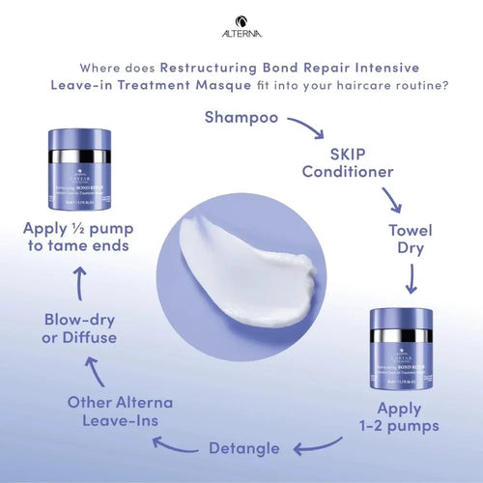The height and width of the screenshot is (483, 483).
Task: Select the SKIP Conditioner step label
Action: tap(347, 162)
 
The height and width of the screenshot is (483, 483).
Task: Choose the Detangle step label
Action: tap(244, 447)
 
